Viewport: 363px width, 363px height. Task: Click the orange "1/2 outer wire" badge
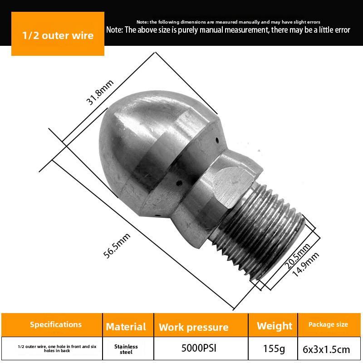pyautogui.click(x=58, y=35)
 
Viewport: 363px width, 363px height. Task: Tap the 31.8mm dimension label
pyautogui.click(x=100, y=92)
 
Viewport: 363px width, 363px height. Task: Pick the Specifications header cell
pyautogui.click(x=56, y=324)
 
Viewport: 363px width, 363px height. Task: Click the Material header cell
pyautogui.click(x=126, y=327)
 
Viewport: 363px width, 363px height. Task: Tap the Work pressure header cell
pyautogui.click(x=193, y=327)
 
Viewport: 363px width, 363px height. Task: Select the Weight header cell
pyautogui.click(x=275, y=326)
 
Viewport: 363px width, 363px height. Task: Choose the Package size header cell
pyautogui.click(x=328, y=324)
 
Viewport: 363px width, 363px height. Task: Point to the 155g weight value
pyautogui.click(x=274, y=349)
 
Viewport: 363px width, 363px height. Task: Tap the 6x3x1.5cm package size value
pyautogui.click(x=326, y=350)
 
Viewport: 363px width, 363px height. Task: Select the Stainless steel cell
pyautogui.click(x=126, y=349)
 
